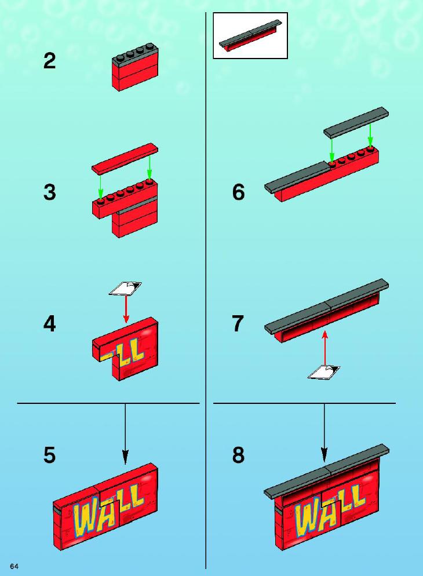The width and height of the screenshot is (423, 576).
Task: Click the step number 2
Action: (50, 61)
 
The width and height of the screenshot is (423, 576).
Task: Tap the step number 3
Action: (50, 192)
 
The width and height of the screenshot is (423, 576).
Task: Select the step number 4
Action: (50, 323)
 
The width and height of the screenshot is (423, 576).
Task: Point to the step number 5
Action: (50, 455)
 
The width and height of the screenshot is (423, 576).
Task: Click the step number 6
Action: (238, 192)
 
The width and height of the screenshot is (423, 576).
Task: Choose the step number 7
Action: (238, 323)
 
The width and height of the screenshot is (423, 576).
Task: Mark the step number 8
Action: (238, 455)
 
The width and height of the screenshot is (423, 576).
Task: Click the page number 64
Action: (14, 566)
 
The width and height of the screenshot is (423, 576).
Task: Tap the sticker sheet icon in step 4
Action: (125, 289)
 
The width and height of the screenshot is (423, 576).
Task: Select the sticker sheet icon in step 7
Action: (324, 372)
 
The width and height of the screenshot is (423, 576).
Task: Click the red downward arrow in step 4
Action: (126, 309)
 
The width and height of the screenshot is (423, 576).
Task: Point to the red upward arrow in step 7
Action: (324, 348)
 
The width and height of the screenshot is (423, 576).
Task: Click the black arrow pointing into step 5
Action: (125, 433)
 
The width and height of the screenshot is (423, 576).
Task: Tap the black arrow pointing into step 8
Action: (324, 433)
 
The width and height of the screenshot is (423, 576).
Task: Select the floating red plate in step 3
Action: (125, 158)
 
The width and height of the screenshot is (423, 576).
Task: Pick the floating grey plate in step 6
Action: (356, 123)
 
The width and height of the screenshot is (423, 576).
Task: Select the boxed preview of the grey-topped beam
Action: (250, 35)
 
